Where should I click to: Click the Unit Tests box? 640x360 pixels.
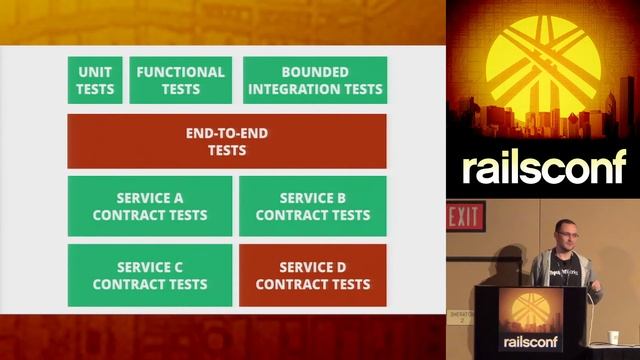pyautogui.click(x=96, y=80)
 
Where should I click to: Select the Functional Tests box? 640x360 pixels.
pyautogui.click(x=181, y=80)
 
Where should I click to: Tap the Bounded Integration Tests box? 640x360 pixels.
pyautogui.click(x=315, y=80)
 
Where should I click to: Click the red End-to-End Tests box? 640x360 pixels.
pyautogui.click(x=226, y=141)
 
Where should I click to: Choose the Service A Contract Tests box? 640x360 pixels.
pyautogui.click(x=150, y=206)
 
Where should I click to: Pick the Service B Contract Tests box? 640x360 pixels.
pyautogui.click(x=313, y=206)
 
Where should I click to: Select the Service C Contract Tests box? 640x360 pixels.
pyautogui.click(x=150, y=275)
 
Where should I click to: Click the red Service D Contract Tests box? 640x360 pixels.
pyautogui.click(x=313, y=275)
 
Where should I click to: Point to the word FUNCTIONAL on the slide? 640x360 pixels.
pyautogui.click(x=181, y=72)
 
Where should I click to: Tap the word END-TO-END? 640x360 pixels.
pyautogui.click(x=226, y=132)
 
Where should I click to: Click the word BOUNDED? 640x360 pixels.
pyautogui.click(x=315, y=72)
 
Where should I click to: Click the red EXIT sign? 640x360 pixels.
pyautogui.click(x=464, y=216)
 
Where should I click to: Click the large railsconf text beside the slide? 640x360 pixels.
pyautogui.click(x=543, y=167)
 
